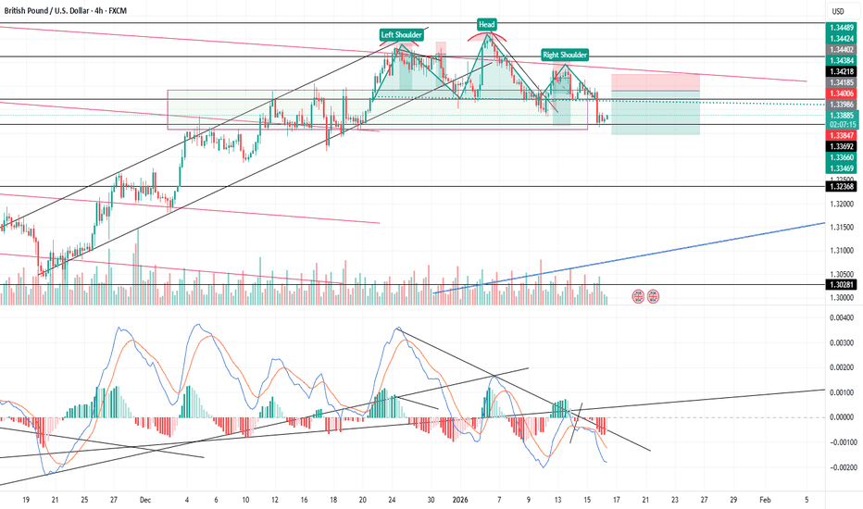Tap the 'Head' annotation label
[485, 23]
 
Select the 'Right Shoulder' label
[564, 56]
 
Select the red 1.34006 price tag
[841, 93]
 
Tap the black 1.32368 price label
[841, 186]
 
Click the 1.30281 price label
[841, 285]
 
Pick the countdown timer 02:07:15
[841, 123]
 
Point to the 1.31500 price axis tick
[841, 228]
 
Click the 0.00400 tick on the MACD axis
[841, 318]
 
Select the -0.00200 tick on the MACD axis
[841, 468]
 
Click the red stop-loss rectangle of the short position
[655, 82]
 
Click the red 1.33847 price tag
[841, 134]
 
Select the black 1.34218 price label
[841, 71]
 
